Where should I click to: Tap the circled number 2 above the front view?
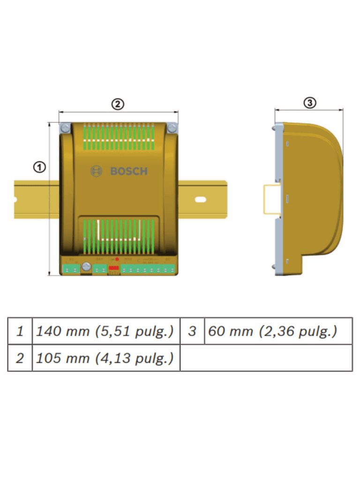click(x=117, y=104)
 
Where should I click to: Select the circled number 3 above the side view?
click(x=309, y=103)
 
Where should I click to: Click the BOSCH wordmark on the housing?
click(x=129, y=172)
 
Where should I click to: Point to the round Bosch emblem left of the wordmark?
click(x=96, y=172)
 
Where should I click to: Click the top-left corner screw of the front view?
click(x=65, y=127)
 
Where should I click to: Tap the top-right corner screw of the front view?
click(x=172, y=127)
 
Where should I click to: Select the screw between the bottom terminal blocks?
click(x=86, y=267)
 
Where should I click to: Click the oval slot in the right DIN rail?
click(x=200, y=200)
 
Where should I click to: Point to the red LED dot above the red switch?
click(x=117, y=259)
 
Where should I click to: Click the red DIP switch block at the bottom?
click(x=114, y=269)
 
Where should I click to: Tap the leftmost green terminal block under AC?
click(x=71, y=269)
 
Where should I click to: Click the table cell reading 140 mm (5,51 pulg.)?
click(x=105, y=331)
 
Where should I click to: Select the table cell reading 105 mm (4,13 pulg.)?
click(x=105, y=358)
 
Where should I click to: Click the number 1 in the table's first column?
click(x=20, y=331)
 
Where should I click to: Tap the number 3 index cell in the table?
click(x=192, y=331)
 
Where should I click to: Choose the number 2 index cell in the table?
click(x=20, y=358)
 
